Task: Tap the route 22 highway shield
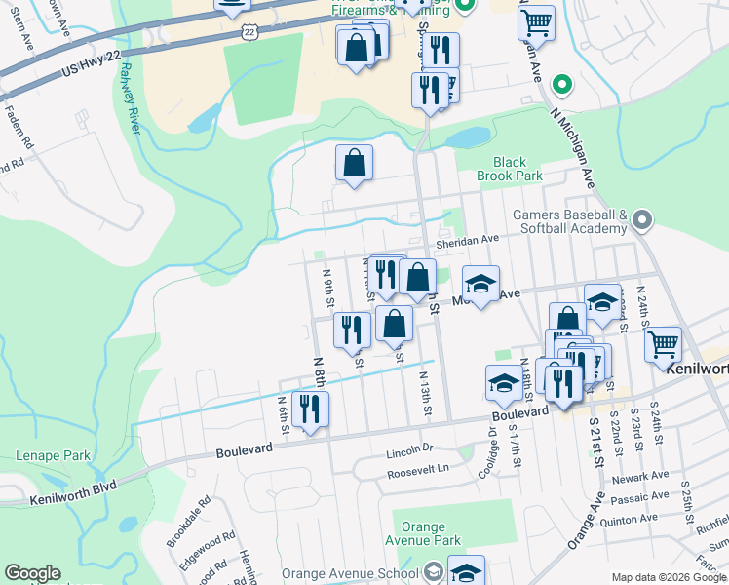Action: click(250, 32)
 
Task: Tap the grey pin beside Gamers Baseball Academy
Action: click(641, 220)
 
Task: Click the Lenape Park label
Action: click(53, 455)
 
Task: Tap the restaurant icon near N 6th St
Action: click(310, 409)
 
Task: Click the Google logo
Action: click(32, 573)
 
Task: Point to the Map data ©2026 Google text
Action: click(668, 577)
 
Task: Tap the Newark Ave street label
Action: click(640, 476)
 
